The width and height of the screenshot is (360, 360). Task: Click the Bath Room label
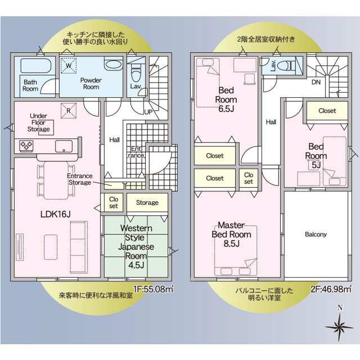30,85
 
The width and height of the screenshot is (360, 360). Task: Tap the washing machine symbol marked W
69,66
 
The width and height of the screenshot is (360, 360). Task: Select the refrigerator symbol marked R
69,111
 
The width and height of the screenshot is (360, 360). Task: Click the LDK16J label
55,214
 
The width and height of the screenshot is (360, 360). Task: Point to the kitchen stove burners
26,145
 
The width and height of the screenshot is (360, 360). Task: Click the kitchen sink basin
64,146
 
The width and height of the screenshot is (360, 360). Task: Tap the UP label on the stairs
148,112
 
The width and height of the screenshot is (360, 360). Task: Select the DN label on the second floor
316,82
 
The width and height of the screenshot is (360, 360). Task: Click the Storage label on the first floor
147,202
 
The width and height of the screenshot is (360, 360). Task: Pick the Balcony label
316,235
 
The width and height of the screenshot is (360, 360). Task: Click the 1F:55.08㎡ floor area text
153,289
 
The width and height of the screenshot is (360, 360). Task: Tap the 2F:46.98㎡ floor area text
331,289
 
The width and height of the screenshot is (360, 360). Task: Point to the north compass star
339,326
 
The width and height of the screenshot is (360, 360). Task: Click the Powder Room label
91,84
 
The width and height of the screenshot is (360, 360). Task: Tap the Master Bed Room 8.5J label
231,235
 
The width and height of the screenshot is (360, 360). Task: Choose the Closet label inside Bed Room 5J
327,111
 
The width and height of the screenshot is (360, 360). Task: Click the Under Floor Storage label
39,123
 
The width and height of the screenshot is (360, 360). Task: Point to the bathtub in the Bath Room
36,66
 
